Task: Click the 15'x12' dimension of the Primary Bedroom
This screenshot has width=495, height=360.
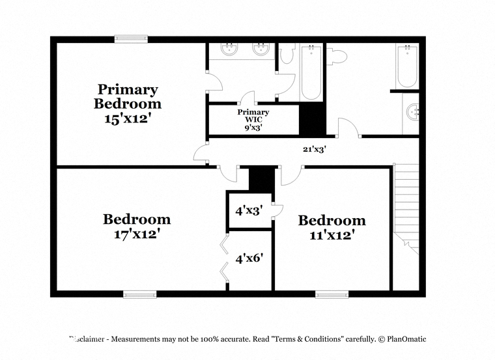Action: [x=126, y=118]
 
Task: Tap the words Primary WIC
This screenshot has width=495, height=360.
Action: [x=253, y=115]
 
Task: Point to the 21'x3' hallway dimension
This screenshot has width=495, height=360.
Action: [x=315, y=149]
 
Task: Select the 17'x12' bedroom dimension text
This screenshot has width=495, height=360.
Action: [x=135, y=234]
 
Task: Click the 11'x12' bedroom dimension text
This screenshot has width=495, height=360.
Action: [x=332, y=235]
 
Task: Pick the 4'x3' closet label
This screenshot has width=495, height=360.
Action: [x=249, y=210]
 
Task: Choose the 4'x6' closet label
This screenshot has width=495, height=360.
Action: [x=249, y=258]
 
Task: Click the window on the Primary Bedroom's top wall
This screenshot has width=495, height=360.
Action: [x=131, y=39]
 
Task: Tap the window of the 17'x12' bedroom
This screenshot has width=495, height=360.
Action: [x=140, y=295]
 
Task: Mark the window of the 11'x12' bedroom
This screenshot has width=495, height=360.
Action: [x=332, y=295]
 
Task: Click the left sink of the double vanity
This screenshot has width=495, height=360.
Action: [x=229, y=49]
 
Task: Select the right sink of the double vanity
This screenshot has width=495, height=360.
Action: [x=261, y=49]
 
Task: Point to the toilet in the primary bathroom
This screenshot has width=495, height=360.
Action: [x=287, y=53]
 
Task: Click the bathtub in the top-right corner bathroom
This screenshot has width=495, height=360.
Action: [x=407, y=66]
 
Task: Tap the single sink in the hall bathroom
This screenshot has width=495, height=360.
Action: [x=412, y=113]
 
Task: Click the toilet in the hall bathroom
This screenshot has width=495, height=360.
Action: [x=337, y=57]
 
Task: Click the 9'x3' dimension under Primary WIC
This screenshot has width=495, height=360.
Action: [x=253, y=128]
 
